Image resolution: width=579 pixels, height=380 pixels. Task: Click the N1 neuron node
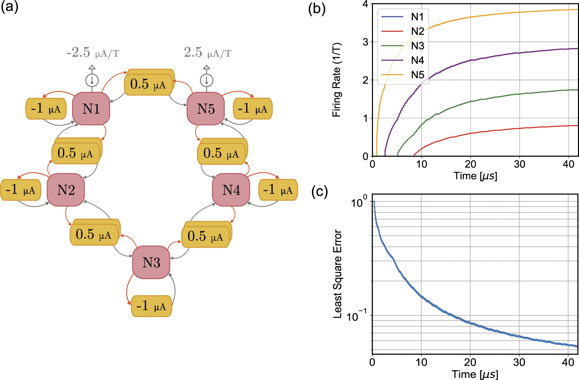91,109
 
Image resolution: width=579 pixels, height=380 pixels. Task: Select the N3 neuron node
151,263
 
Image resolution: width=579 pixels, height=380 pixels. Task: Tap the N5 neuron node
206,109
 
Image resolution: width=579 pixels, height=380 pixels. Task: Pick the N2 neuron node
66,190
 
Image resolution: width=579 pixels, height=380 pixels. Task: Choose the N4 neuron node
231,190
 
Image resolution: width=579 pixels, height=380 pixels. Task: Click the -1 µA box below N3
151,306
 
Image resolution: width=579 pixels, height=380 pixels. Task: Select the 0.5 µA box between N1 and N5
148,84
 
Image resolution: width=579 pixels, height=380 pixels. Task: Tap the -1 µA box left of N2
20,190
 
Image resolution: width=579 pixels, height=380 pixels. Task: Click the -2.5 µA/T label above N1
92,53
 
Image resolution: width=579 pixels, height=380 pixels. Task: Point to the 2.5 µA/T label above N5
207,53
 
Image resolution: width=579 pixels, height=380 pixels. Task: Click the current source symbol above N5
206,80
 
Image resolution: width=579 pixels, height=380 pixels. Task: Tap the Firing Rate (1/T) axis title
336,80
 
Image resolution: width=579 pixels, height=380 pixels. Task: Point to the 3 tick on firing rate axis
365,42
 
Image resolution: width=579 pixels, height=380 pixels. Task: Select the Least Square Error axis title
337,274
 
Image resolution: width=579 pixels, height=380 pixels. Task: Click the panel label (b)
317,9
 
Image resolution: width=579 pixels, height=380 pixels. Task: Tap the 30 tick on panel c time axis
519,362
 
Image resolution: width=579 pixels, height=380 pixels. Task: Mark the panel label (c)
320,192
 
